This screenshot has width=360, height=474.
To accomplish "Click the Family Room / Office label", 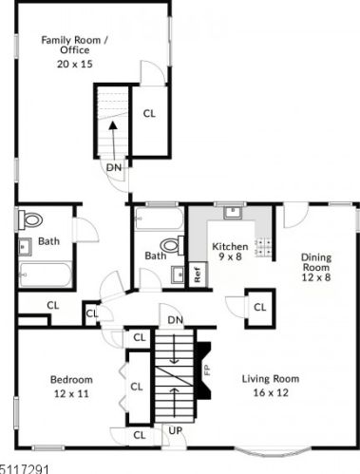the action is pyautogui.click(x=75, y=45).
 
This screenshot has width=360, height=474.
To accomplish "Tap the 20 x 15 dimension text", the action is pyautogui.click(x=75, y=64).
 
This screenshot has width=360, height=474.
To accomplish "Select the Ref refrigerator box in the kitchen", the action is pyautogui.click(x=198, y=275).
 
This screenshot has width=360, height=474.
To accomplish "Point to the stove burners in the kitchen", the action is pyautogui.click(x=264, y=247).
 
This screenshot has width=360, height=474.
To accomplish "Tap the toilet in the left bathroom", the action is pyautogui.click(x=30, y=219).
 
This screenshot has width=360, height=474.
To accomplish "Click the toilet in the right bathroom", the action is pyautogui.click(x=172, y=245).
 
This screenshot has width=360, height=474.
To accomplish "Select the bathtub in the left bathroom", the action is pyautogui.click(x=46, y=275).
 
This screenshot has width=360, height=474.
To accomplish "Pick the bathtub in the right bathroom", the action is pyautogui.click(x=159, y=218).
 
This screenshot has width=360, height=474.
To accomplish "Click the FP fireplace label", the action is pyautogui.click(x=207, y=370).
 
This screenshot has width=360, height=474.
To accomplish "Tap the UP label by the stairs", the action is pyautogui.click(x=176, y=430).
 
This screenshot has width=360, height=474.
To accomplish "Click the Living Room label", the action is pyautogui.click(x=271, y=379).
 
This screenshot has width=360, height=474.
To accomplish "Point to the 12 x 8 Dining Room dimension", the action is pyautogui.click(x=316, y=277).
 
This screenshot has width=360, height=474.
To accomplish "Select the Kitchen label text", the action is pyautogui.click(x=230, y=246).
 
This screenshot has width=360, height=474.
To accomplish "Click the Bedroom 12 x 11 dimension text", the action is pyautogui.click(x=71, y=393).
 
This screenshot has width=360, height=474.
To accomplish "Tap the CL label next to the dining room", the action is pyautogui.click(x=260, y=307).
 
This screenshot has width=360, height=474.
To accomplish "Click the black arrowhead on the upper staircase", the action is pyautogui.click(x=113, y=125).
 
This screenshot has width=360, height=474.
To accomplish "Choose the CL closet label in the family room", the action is pyautogui.click(x=149, y=113).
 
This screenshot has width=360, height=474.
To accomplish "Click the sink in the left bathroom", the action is pyautogui.click(x=25, y=247).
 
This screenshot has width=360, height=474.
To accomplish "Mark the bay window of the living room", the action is pyautogui.click(x=273, y=451).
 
